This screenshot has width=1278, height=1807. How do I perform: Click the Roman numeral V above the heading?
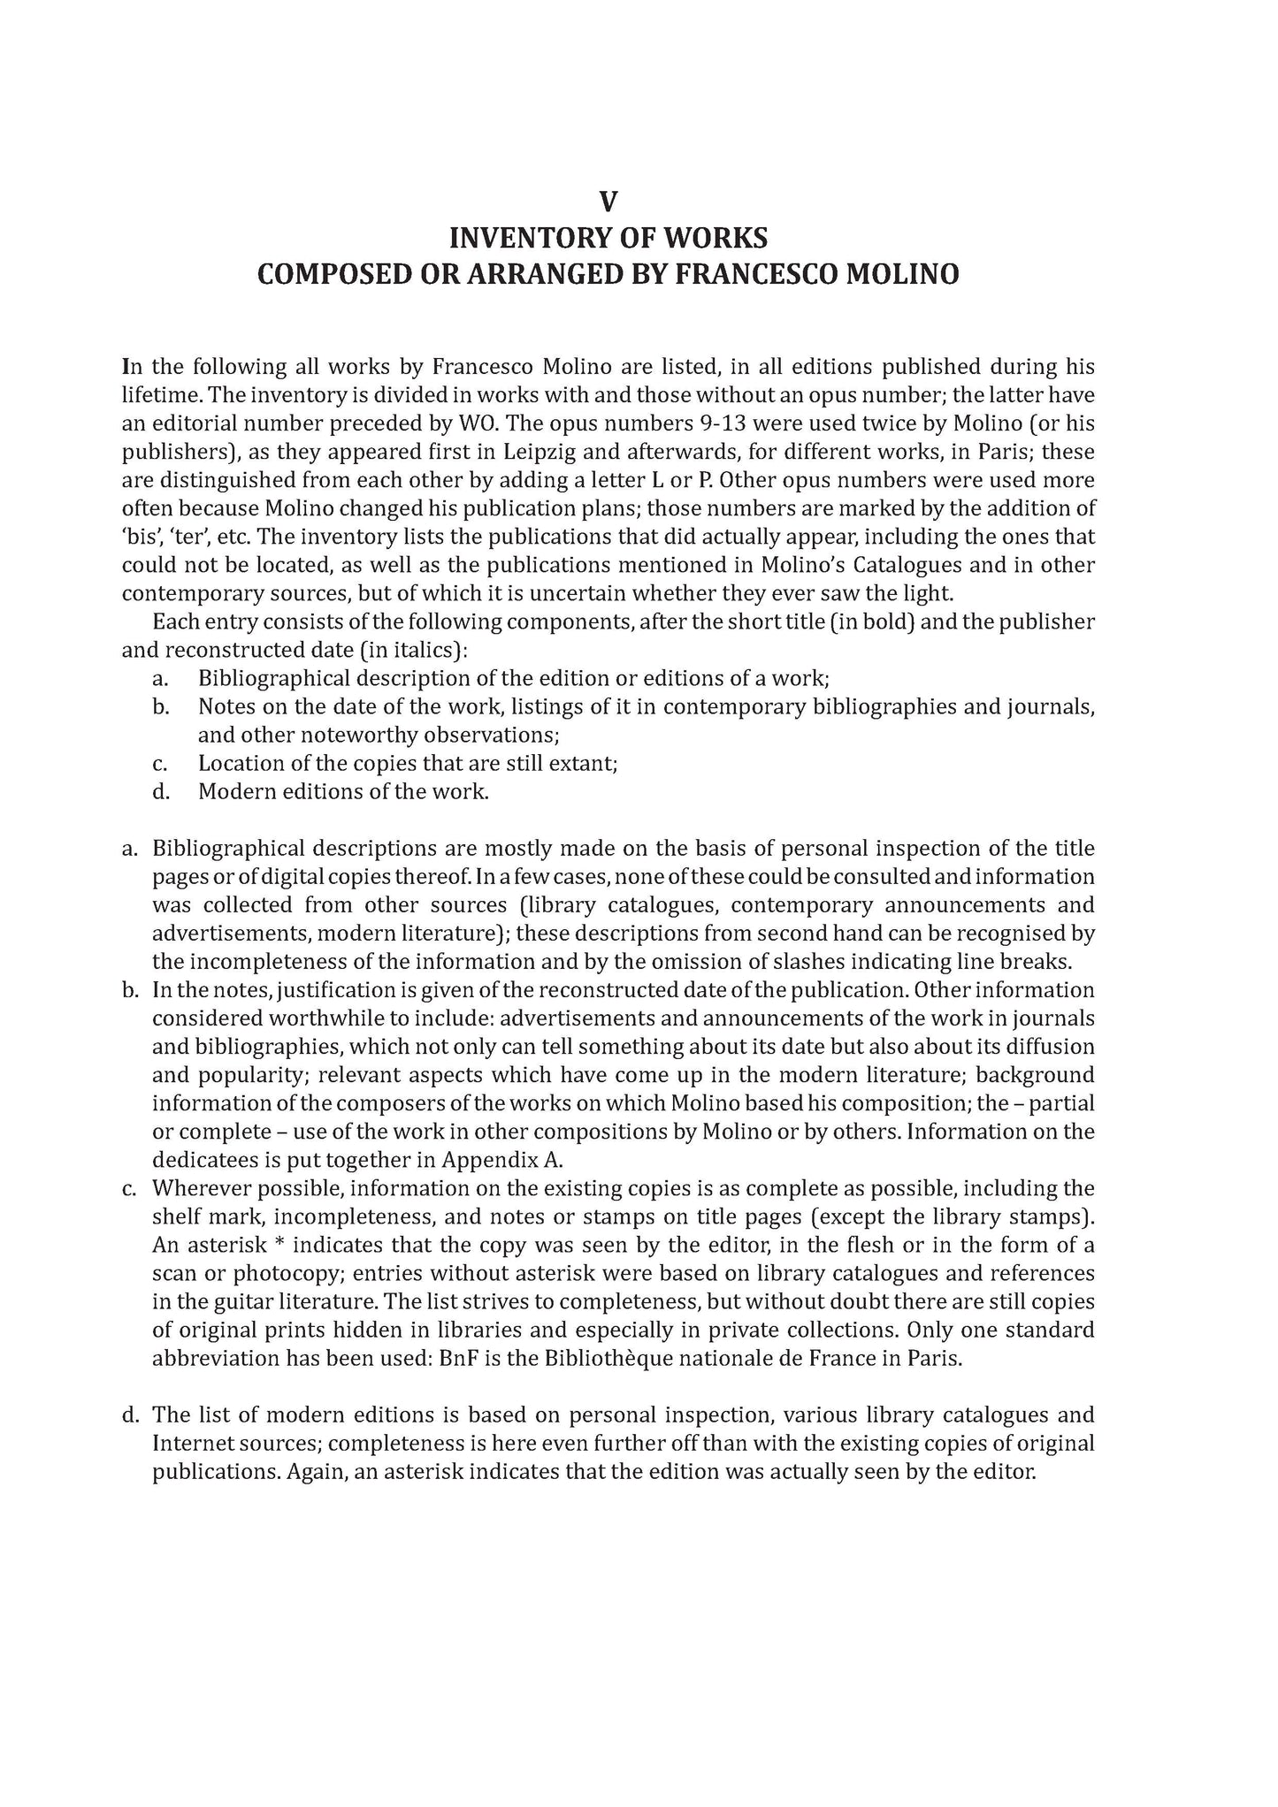tap(608, 202)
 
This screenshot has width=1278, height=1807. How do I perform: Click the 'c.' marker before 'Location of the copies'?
tap(160, 763)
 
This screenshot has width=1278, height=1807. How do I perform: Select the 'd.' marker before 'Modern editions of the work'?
tap(160, 791)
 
